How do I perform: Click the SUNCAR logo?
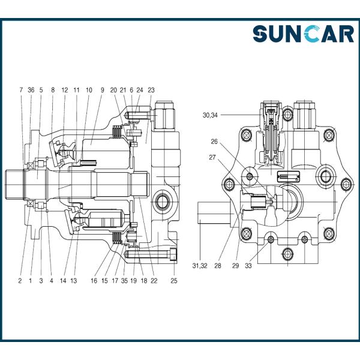pos(303,34)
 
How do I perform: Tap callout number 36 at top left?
pos(31,90)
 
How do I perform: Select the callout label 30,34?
pos(210,115)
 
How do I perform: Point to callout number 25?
pos(174,281)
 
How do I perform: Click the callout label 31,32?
pos(200,266)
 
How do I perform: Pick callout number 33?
pos(248,266)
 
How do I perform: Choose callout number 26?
pos(214,142)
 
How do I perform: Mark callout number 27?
pos(212,157)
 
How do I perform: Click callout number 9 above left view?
pos(102,90)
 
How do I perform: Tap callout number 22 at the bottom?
pos(154,281)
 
